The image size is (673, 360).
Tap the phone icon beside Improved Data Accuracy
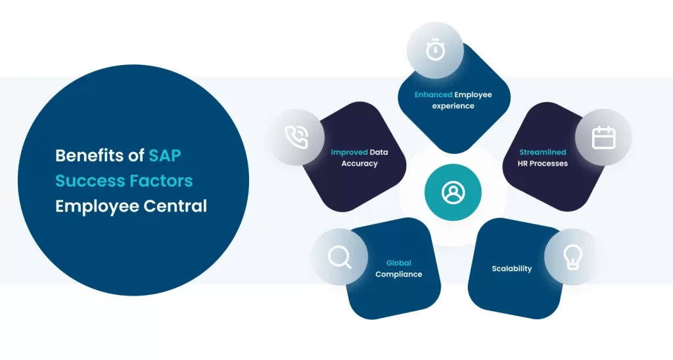297,137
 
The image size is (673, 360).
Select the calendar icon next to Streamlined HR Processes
603,138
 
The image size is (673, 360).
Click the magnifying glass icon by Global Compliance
339,257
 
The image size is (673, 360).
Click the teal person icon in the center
453,192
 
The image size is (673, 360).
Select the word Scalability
511,269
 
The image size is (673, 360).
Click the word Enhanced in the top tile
433,95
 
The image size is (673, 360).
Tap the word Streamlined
543,152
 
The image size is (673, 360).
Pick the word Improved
349,152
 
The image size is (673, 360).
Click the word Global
398,263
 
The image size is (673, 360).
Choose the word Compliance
398,274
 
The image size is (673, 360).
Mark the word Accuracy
360,163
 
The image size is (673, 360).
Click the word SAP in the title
164,156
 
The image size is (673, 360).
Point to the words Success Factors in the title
124,181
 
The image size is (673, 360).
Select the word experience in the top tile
453,106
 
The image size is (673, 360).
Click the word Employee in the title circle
89,206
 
